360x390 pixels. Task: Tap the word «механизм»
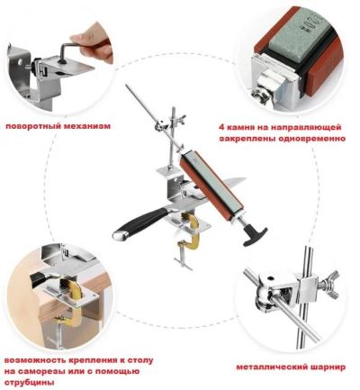pos(87,126)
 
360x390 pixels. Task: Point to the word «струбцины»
pos(30,383)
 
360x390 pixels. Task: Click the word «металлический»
pos(271,367)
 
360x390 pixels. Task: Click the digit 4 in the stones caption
pos(221,127)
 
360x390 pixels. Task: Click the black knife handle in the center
pos(139,222)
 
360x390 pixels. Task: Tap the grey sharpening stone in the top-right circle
pos(296,42)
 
